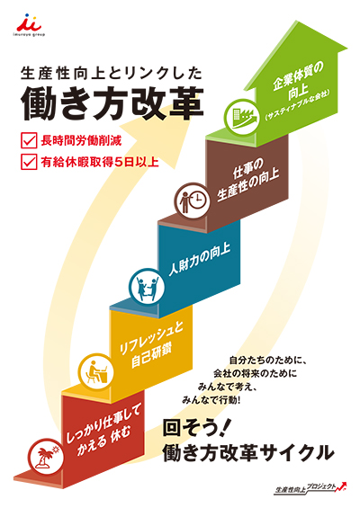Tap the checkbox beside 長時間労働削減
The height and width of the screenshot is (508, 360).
tap(29, 140)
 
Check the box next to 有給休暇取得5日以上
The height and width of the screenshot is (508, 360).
tap(29, 161)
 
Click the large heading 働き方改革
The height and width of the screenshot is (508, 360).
tap(112, 103)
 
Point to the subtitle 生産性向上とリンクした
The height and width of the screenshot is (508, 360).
tap(112, 73)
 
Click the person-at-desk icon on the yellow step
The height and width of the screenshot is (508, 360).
tap(96, 371)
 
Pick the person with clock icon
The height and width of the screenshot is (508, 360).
tap(193, 201)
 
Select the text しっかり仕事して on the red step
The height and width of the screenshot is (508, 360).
tap(103, 424)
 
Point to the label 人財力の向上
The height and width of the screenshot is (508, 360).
tap(200, 259)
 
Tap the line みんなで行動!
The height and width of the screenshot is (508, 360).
tap(211, 400)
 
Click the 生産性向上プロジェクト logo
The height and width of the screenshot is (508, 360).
tap(310, 487)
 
